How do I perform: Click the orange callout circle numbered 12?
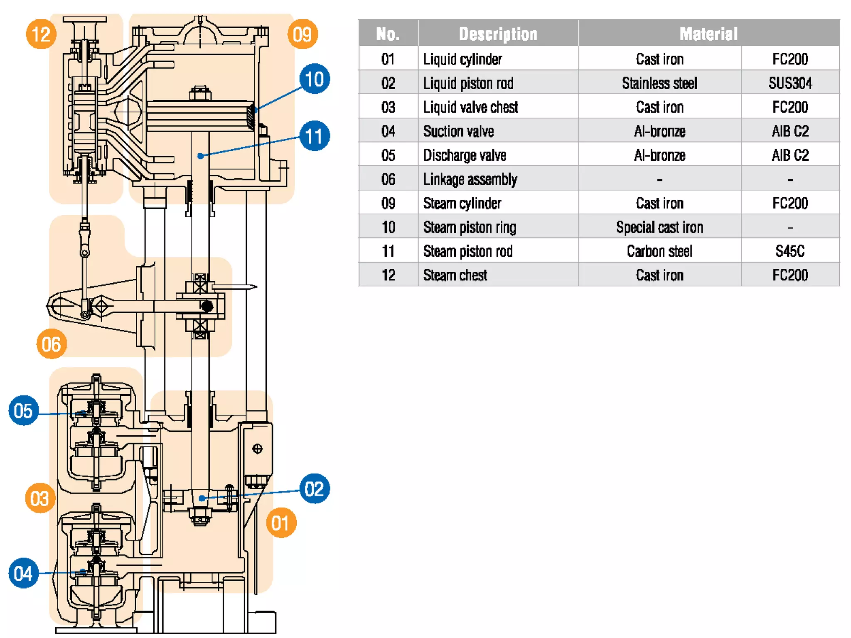(x=41, y=34)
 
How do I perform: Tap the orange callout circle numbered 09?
(x=302, y=34)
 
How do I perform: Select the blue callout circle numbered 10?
(x=315, y=79)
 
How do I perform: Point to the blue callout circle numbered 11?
(x=315, y=136)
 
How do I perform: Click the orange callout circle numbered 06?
(x=52, y=344)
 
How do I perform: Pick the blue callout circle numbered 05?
(x=23, y=410)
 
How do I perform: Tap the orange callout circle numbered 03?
(x=40, y=498)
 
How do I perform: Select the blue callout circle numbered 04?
(x=23, y=573)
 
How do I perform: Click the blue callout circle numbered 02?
(x=315, y=489)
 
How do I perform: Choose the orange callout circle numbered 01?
(x=281, y=523)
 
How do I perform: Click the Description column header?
(x=498, y=34)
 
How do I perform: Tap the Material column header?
(x=708, y=34)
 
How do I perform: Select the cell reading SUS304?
(x=790, y=83)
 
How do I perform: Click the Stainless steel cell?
(x=659, y=83)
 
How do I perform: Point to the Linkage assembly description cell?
(x=470, y=179)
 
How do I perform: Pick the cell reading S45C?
(x=790, y=251)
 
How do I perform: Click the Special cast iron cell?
(x=659, y=227)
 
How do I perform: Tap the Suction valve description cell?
(x=458, y=131)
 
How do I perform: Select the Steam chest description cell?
(x=455, y=275)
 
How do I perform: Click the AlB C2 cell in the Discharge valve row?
(x=790, y=155)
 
